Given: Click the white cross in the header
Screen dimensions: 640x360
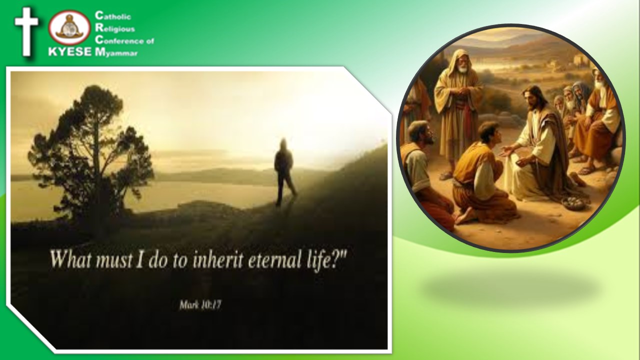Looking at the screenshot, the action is click(26, 31).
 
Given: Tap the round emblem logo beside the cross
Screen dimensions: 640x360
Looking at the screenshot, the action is click(69, 27).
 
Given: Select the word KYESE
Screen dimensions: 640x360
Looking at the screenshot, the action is click(70, 51).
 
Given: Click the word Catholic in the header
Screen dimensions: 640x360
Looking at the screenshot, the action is click(113, 15).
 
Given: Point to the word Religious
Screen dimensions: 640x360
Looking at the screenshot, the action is click(115, 28).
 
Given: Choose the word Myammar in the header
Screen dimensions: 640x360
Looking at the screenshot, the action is click(116, 52).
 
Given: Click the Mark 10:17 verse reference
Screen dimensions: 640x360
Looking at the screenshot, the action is click(200, 305).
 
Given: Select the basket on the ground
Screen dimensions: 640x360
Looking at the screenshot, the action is click(574, 203).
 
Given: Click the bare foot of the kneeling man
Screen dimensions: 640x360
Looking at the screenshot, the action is click(465, 216).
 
